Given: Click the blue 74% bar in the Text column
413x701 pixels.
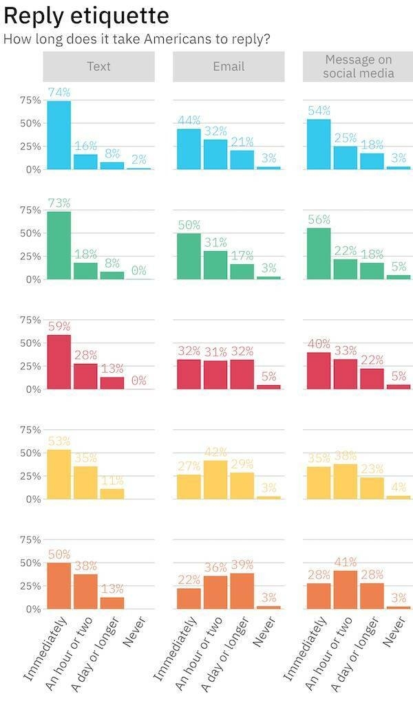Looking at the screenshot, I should point(59,135).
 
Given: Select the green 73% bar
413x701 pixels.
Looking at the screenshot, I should point(59,245).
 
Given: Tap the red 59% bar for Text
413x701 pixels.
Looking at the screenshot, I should point(59,362).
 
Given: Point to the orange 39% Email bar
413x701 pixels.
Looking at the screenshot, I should point(242,591).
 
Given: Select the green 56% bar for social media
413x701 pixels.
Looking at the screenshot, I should point(319,253).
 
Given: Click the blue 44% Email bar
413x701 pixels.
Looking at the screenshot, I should point(189,149).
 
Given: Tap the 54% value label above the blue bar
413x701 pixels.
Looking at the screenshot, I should point(319,111).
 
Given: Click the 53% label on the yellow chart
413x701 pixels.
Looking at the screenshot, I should point(59,441).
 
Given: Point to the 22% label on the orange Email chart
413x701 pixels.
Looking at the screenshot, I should point(189,580).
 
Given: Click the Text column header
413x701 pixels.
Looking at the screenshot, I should point(99,67).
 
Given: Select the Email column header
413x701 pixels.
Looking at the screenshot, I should point(229,67).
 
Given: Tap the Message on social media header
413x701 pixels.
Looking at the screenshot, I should point(359,67).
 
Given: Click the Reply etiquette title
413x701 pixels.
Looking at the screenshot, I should point(86,15).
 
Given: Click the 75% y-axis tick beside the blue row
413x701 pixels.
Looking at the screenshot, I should point(29,100).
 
